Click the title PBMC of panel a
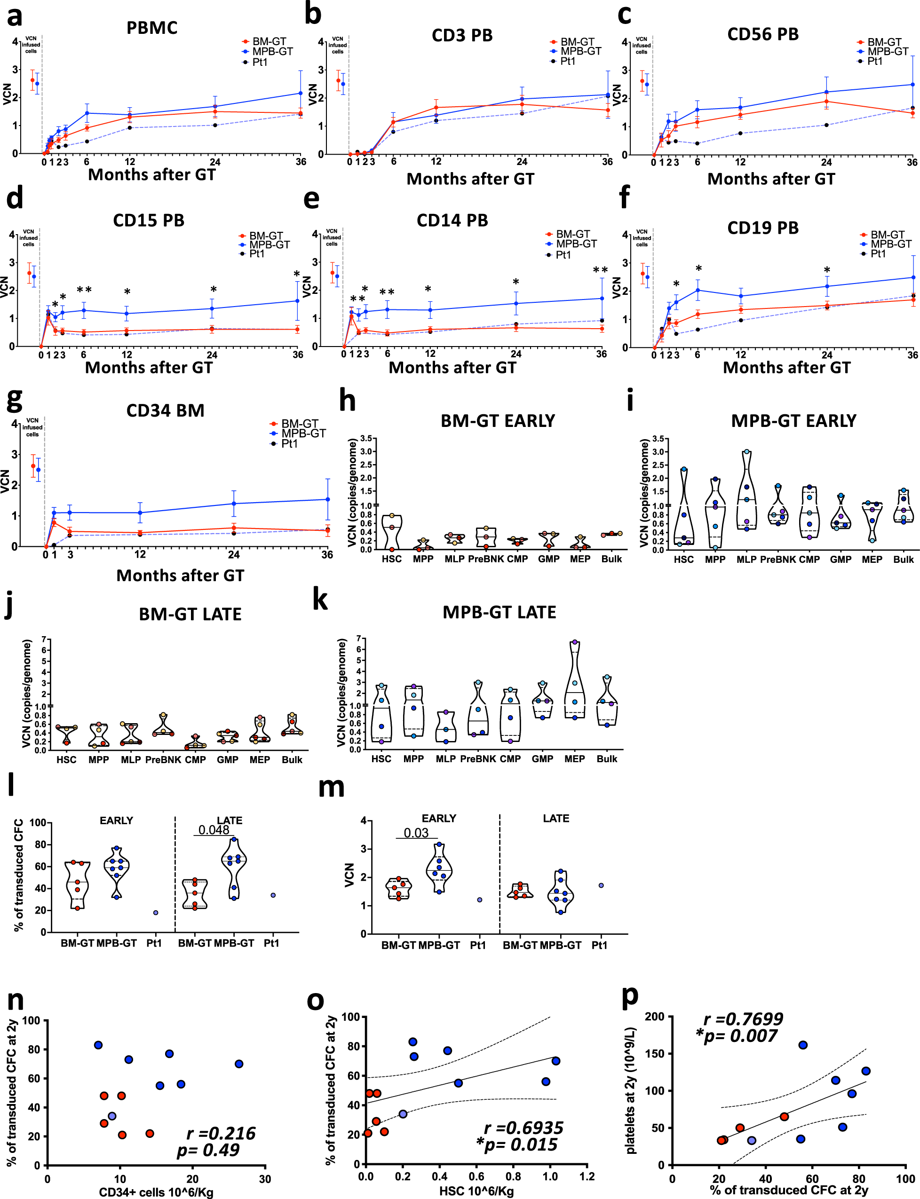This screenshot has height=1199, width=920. (x=152, y=28)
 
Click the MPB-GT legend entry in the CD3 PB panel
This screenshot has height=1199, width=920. (x=580, y=51)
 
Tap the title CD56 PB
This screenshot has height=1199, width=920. (x=762, y=34)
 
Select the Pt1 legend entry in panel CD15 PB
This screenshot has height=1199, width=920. (x=256, y=254)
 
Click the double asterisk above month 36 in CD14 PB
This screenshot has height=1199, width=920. (x=600, y=270)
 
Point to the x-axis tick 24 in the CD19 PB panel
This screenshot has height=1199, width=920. (x=826, y=355)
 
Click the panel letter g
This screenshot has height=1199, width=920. (x=14, y=399)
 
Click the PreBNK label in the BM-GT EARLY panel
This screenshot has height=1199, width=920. (x=486, y=559)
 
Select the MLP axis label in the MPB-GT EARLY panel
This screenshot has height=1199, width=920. (x=746, y=560)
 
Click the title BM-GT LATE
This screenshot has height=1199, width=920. (x=190, y=614)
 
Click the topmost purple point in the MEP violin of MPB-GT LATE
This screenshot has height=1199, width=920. (x=574, y=642)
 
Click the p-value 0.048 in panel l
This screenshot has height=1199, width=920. (x=214, y=830)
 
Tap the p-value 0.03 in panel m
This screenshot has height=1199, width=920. (x=416, y=833)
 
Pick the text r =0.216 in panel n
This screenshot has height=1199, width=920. (x=221, y=1133)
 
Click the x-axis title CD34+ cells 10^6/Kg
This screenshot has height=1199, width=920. (x=156, y=1192)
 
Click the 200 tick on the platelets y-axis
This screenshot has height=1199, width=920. (x=655, y=1017)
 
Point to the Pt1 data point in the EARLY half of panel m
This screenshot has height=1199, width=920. (x=480, y=899)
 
